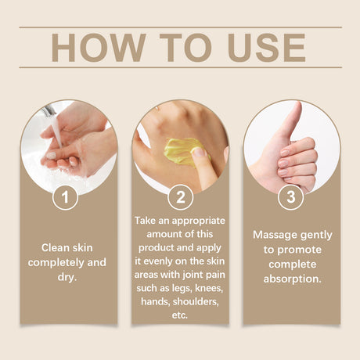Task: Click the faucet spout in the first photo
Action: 49,110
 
